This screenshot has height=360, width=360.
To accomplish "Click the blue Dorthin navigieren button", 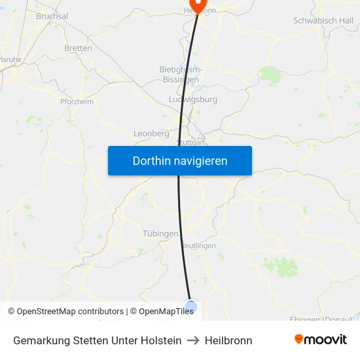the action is click(x=180, y=161).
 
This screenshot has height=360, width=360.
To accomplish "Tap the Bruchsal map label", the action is click(x=52, y=16).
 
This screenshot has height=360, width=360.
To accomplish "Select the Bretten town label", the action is click(x=78, y=48).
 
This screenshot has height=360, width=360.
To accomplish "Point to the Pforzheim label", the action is click(x=77, y=101).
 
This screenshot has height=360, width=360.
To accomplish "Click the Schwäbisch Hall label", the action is click(x=323, y=20).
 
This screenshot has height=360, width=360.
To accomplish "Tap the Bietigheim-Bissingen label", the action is click(x=181, y=74).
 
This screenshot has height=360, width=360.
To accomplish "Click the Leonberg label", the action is click(x=151, y=134).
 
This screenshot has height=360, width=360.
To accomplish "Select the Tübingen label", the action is click(x=160, y=234).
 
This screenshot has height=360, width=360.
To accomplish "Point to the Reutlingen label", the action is click(x=198, y=245).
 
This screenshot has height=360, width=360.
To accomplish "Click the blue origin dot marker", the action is click(x=191, y=306).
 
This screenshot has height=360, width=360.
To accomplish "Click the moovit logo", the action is click(x=320, y=340).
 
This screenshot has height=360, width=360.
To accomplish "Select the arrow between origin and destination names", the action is click(x=193, y=340).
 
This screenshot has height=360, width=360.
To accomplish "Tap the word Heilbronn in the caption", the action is click(x=228, y=340).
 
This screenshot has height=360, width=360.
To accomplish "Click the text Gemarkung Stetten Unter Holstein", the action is click(x=98, y=340).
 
